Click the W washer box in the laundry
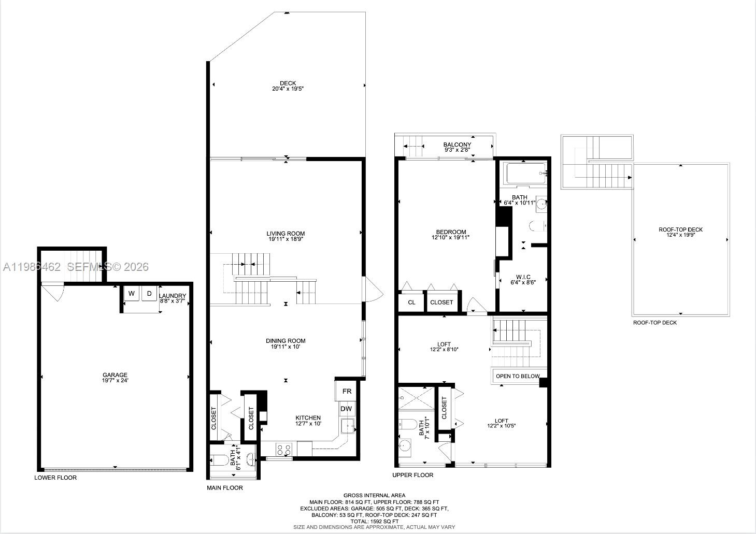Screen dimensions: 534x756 click(132, 294)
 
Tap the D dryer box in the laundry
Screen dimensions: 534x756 click(149, 294)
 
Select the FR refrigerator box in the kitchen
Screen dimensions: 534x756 click(347, 391)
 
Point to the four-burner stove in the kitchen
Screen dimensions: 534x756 click(283, 449)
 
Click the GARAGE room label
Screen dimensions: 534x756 click(115, 378)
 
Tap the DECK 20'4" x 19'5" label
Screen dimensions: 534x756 click(288, 86)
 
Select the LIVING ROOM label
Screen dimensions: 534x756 click(286, 236)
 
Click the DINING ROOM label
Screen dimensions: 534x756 click(286, 343)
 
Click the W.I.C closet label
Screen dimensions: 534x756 click(523, 279)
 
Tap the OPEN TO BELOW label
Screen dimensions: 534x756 click(517, 376)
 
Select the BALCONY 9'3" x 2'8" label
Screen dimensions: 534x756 click(457, 147)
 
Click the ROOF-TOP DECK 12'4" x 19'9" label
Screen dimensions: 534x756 click(680, 232)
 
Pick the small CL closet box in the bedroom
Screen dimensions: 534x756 click(411, 302)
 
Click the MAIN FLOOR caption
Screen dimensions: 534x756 click(225, 488)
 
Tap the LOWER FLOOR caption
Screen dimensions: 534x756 click(55, 478)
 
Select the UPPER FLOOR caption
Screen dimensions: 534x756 click(412, 475)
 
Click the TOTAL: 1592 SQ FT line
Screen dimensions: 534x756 click(374, 521)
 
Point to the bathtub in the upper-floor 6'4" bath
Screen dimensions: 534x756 click(525, 174)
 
